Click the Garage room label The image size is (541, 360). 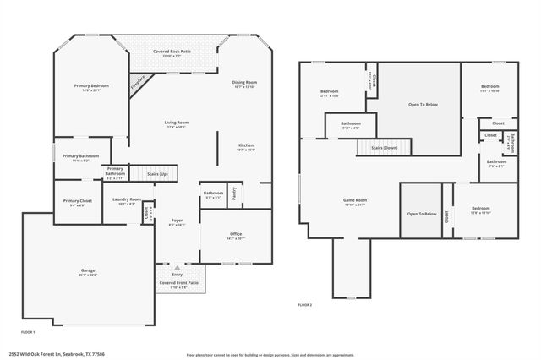point(88,270)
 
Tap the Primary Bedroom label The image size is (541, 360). point(90,86)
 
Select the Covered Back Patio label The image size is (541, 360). point(172,52)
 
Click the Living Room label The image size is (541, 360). point(176,123)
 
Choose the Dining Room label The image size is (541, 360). point(244,82)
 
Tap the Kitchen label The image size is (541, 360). point(245,145)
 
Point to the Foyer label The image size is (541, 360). point(177,221)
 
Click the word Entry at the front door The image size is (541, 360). point(177,275)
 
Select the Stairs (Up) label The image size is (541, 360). point(157,173)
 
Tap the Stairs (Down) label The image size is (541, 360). point(384,147)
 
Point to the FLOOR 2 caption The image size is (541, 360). point(305,304)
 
